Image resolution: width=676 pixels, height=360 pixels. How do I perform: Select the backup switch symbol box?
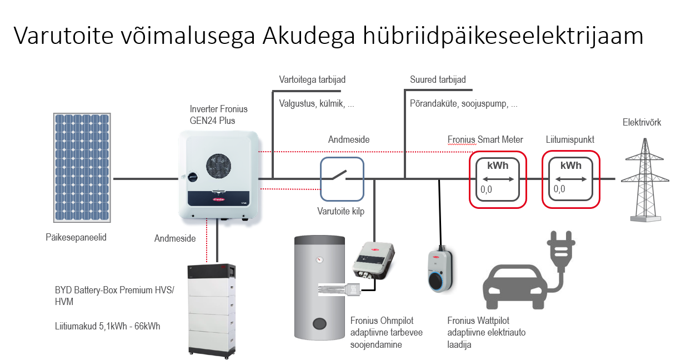pos(342,178)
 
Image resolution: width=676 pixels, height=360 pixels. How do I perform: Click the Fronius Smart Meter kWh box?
pos(497,179)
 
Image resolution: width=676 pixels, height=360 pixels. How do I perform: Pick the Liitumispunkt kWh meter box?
pos(571,179)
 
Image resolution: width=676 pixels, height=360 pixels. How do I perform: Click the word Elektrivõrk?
pos(642,123)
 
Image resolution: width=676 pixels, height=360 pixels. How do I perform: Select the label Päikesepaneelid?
pos(76,238)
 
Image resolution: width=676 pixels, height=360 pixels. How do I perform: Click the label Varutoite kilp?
pos(340,212)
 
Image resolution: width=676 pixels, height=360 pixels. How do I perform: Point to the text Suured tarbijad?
pos(438,80)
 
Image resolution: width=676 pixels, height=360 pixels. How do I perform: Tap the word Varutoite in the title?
pos(62,37)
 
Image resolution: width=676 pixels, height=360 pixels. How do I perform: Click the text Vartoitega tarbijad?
pos(312,80)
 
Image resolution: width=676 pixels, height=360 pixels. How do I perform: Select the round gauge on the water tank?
pos(319,259)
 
